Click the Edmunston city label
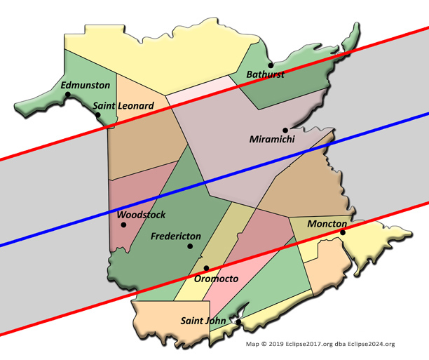[x=86, y=85]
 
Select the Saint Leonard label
[x=123, y=106]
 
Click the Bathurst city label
[x=265, y=74]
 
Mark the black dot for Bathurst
[x=271, y=65]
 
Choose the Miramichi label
[x=273, y=140]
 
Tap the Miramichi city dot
[x=285, y=130]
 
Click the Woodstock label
[x=141, y=214]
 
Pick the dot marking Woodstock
[x=123, y=225]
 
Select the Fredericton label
[x=176, y=236]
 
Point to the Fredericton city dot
[x=190, y=246]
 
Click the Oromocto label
[x=217, y=279]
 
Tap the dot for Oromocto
[x=207, y=268]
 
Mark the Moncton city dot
[x=343, y=232]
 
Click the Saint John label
[x=203, y=321]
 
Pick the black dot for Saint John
[x=238, y=322]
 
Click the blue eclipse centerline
[x=280, y=158]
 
